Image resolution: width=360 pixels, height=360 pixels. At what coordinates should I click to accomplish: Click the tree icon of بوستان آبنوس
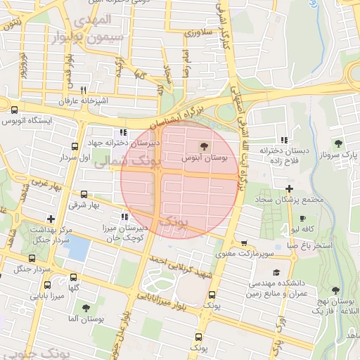(204, 146)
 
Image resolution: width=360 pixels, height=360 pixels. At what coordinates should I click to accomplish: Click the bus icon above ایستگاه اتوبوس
(15, 109)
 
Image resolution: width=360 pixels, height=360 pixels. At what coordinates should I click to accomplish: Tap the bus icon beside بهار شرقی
(84, 194)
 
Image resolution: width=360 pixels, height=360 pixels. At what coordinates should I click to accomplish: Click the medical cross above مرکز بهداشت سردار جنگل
(50, 219)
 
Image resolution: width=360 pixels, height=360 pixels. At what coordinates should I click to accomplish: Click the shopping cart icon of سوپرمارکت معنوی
(244, 243)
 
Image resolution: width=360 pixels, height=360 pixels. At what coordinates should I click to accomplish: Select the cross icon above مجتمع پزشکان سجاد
(290, 188)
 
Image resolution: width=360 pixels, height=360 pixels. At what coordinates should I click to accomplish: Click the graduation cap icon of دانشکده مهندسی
(276, 271)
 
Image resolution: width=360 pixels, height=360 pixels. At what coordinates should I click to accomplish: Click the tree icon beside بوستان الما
(86, 308)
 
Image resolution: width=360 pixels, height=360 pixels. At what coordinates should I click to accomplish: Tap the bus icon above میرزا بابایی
(48, 285)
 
